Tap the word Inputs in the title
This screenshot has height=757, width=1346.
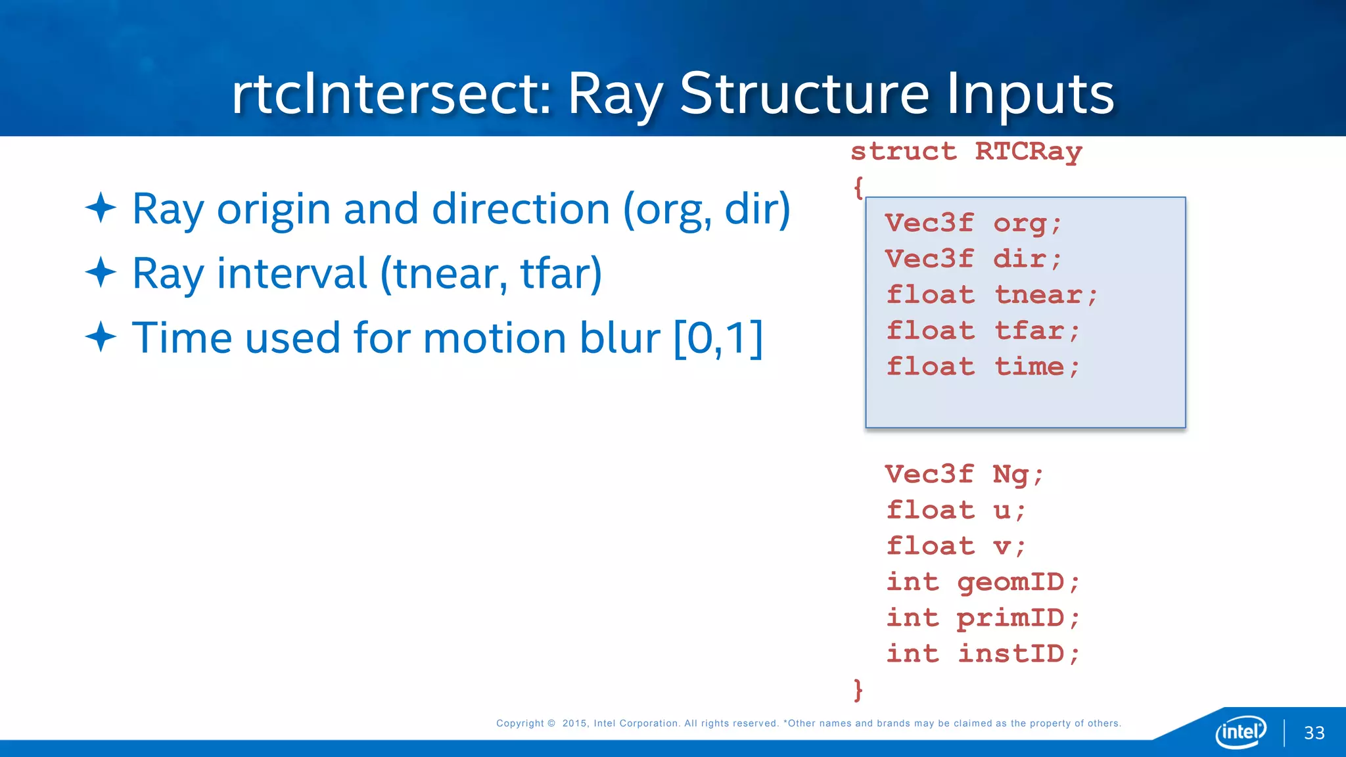click(x=1030, y=94)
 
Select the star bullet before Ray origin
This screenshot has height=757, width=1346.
click(x=101, y=208)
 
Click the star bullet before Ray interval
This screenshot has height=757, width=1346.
click(x=101, y=272)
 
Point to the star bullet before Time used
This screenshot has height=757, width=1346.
click(x=101, y=337)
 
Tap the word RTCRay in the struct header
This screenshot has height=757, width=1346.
click(x=1028, y=152)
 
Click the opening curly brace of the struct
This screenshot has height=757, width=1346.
click(x=858, y=188)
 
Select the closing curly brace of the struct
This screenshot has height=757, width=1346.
click(x=858, y=690)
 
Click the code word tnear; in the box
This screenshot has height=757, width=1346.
click(x=1046, y=295)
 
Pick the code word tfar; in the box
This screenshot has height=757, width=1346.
click(x=1036, y=331)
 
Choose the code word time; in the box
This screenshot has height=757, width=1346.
click(x=1036, y=367)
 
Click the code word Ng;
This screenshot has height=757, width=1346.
click(x=1018, y=474)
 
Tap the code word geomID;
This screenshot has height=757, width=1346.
click(x=1018, y=582)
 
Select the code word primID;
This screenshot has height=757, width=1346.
click(x=1018, y=618)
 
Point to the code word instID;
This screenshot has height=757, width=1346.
click(x=1018, y=654)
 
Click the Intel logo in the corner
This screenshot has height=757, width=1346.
click(x=1240, y=731)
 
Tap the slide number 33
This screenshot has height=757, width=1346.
click(x=1314, y=733)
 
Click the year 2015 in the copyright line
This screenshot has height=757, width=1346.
click(x=574, y=723)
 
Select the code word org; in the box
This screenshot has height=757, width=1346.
click(x=1027, y=223)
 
